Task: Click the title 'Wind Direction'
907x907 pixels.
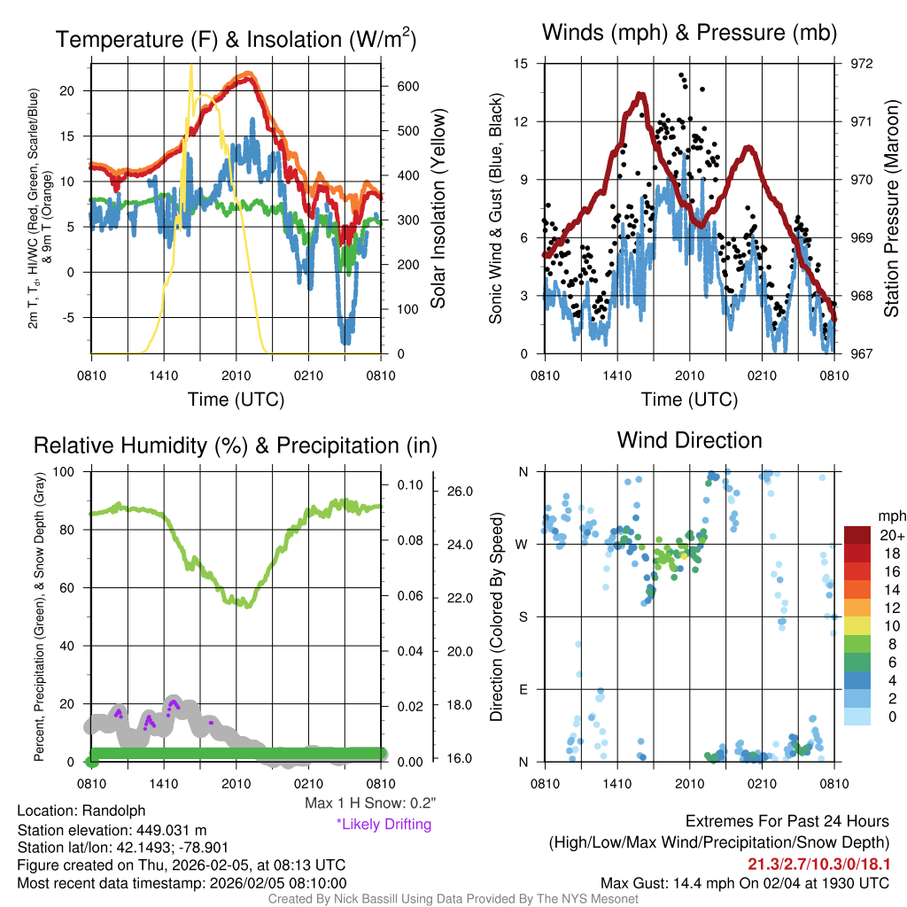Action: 689,440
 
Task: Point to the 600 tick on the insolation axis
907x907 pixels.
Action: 407,87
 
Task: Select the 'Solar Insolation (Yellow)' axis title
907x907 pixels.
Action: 438,209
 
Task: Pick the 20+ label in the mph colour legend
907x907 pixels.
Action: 891,535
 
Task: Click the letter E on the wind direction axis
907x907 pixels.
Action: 523,689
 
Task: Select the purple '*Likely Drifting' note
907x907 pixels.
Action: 384,824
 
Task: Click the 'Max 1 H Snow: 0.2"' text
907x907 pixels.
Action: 370,803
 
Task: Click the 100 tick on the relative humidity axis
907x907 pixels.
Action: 67,471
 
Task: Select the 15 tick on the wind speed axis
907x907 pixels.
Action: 521,64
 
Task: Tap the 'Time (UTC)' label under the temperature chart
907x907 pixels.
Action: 236,399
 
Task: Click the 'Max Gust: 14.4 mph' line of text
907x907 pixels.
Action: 745,882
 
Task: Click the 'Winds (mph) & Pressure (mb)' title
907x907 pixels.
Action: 689,34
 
